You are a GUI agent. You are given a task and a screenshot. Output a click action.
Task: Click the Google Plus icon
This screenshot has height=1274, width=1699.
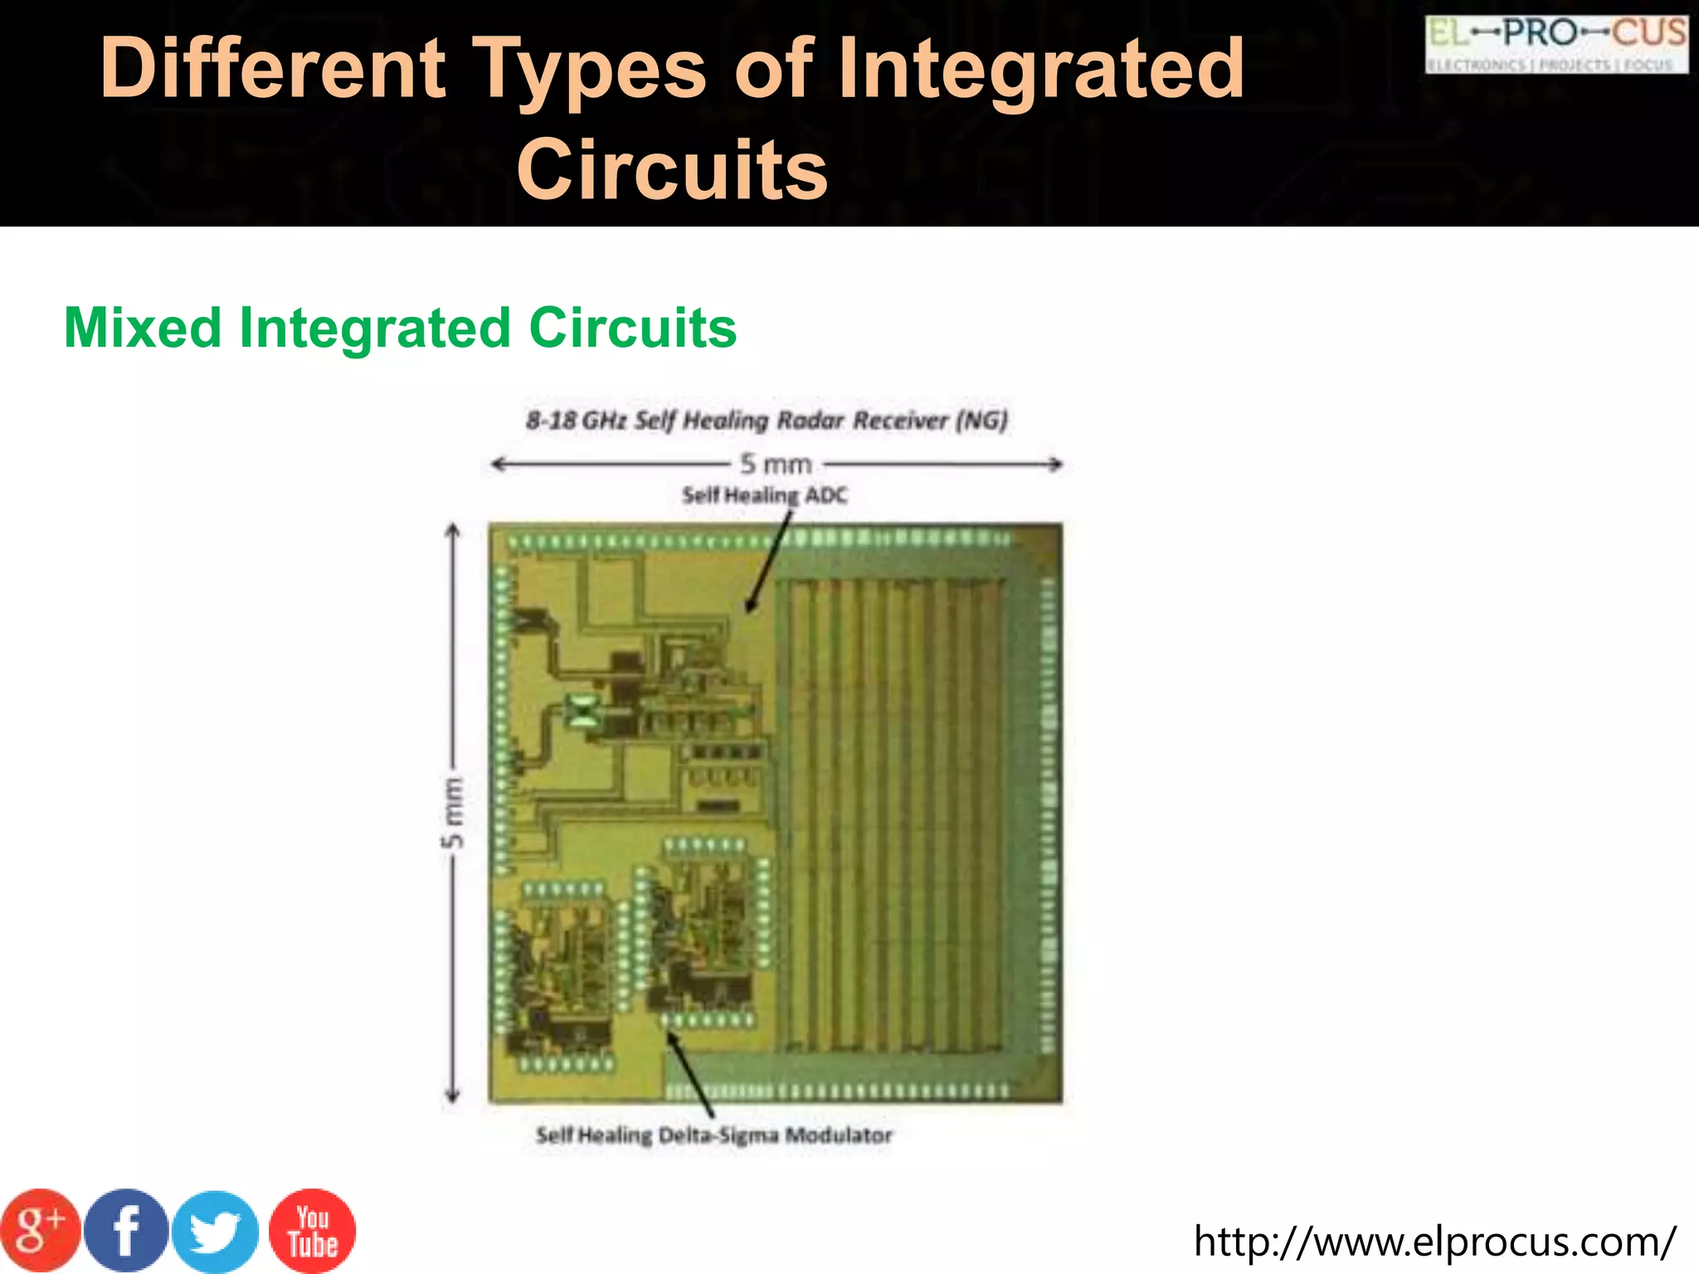click(40, 1231)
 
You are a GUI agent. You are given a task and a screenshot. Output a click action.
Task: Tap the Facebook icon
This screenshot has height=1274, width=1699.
click(126, 1231)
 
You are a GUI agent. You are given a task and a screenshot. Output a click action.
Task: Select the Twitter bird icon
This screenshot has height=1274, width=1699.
click(216, 1233)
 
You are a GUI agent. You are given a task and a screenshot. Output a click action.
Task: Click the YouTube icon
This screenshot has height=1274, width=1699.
click(312, 1231)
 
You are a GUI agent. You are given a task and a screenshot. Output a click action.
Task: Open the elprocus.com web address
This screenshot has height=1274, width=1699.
click(1434, 1242)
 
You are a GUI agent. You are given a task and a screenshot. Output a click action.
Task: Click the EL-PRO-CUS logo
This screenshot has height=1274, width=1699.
click(1556, 45)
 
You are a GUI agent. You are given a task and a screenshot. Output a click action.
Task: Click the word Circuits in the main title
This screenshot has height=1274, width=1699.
click(672, 169)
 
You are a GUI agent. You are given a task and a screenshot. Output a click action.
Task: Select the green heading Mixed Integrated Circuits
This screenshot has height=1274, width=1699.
click(400, 328)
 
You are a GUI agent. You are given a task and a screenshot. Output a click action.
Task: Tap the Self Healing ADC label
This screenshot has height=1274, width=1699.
click(764, 496)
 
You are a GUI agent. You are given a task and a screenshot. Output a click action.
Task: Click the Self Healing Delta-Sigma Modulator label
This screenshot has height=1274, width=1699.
click(713, 1135)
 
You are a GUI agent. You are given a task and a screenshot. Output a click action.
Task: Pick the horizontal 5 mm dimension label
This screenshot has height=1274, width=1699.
click(776, 464)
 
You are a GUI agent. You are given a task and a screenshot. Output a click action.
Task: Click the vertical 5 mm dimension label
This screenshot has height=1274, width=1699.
click(452, 813)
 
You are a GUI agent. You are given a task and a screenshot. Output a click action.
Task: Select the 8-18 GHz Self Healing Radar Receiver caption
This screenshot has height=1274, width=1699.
click(767, 421)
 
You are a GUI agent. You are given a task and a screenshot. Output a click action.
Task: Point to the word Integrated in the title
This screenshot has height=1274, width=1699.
click(1041, 68)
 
